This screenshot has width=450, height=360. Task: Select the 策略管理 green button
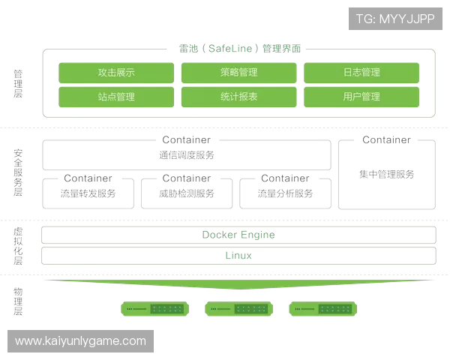pos(239,73)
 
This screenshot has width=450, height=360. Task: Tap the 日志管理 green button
pos(362,73)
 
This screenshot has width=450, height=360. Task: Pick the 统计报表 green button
pos(239,97)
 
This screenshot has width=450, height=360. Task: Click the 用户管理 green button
pos(362,97)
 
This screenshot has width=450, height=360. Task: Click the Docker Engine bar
pos(238,235)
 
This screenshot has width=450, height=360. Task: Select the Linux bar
pos(238,256)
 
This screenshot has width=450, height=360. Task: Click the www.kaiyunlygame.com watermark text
pos(81,341)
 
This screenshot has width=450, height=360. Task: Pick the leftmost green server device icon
pos(156,308)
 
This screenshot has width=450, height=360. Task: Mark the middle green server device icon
pos(240,308)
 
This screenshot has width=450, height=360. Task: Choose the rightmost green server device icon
pos(324,308)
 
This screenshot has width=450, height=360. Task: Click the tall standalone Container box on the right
pos(387,173)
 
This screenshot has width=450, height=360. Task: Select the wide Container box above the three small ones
pos(187,154)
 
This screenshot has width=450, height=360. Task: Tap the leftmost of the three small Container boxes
pos(89,191)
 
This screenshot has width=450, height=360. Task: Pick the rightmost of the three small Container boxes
pos(286,191)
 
